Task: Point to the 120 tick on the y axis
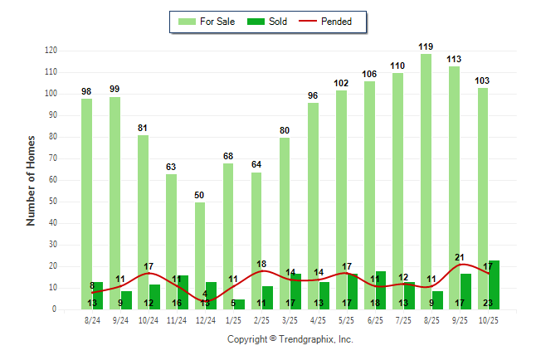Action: coord(51,51)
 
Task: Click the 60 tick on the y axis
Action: coord(52,180)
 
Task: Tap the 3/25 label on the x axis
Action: coord(290,319)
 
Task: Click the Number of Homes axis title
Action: coord(31,180)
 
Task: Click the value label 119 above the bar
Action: coord(426,47)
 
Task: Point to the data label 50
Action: coord(200,195)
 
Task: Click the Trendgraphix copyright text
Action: coord(290,339)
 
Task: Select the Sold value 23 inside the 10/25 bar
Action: coord(488,304)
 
